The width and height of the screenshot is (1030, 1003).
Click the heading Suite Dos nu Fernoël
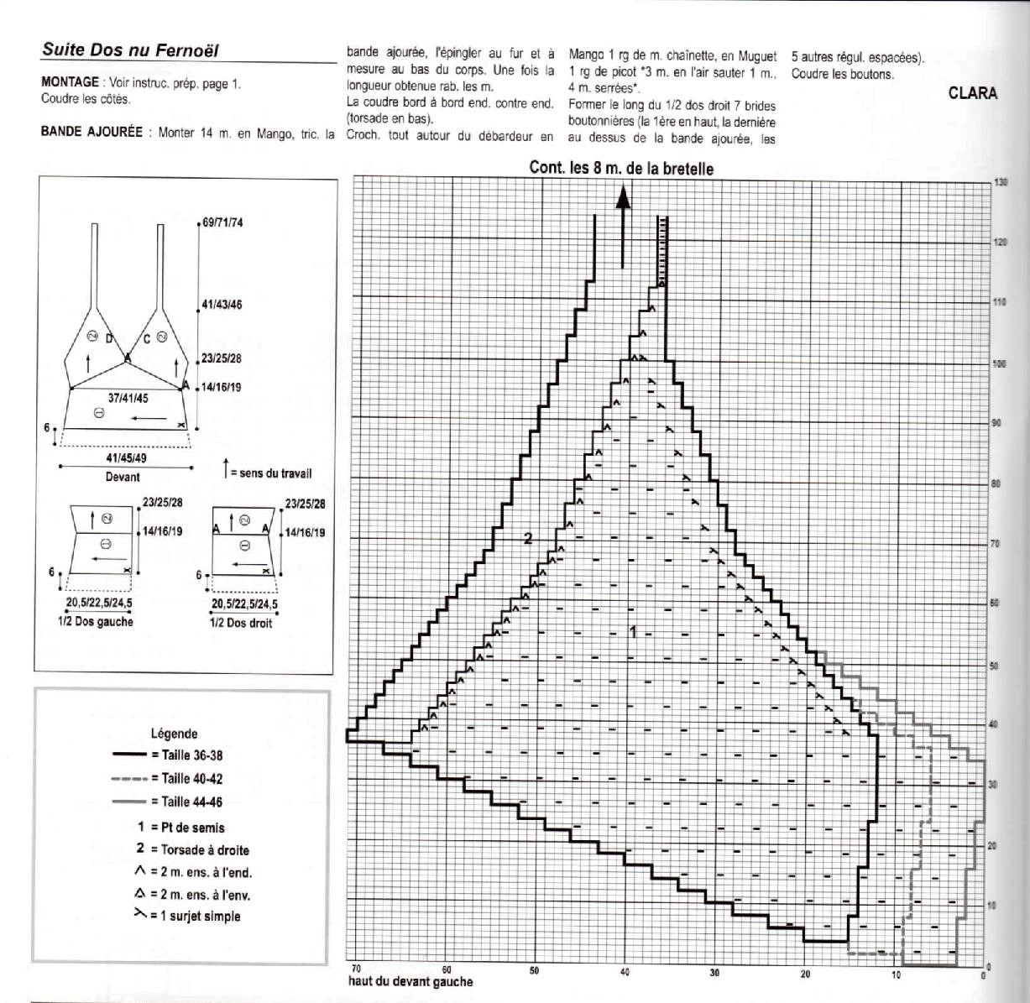130,50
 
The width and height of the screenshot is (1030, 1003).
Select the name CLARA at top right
973,93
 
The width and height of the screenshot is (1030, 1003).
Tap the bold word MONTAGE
70,82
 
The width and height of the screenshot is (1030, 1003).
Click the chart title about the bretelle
621,168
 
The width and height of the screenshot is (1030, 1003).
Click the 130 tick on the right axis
1000,183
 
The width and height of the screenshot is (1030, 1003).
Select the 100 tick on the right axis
1000,364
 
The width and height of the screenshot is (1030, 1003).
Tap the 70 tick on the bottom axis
356,969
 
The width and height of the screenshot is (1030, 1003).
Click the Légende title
174,733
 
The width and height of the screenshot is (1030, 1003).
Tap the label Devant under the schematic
123,477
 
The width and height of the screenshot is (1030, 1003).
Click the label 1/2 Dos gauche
99,622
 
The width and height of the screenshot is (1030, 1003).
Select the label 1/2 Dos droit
240,623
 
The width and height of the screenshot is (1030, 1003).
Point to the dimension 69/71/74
222,222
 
